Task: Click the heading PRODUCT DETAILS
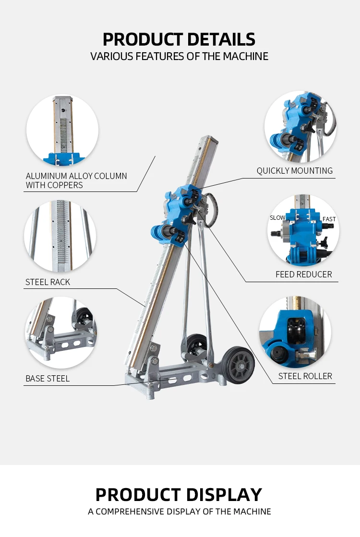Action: [x=179, y=39]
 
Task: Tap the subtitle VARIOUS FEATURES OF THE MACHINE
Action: [x=179, y=56]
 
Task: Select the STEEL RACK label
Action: [x=48, y=282]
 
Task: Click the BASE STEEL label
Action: [x=48, y=379]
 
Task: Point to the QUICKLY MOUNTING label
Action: [x=294, y=171]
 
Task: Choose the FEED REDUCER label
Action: [x=303, y=274]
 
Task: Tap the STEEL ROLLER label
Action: [x=305, y=376]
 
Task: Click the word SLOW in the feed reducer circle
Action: [x=277, y=218]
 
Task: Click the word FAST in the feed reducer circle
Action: [x=329, y=219]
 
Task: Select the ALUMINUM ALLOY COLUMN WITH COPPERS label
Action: [x=76, y=180]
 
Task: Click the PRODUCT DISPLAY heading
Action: [x=179, y=494]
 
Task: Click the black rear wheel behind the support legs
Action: [x=197, y=346]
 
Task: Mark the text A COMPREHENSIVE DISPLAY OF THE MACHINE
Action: [x=179, y=512]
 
